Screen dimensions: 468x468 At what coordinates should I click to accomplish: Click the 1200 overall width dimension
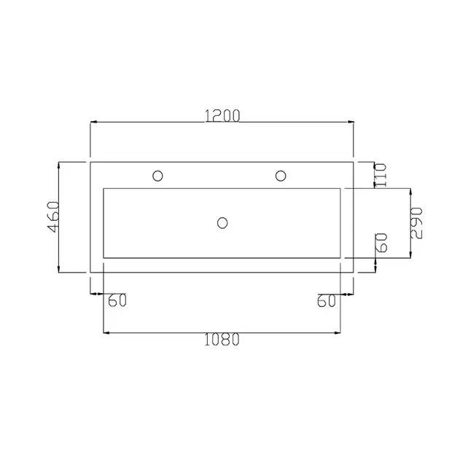(222, 115)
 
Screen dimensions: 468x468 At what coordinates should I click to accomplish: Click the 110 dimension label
(381, 175)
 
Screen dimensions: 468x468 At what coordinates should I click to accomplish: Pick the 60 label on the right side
(381, 243)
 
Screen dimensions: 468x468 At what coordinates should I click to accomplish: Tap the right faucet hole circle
(280, 175)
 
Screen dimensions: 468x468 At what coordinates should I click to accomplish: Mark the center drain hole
(223, 222)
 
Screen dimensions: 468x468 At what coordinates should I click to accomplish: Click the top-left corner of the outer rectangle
(90, 162)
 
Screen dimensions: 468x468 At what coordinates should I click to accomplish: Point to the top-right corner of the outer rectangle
(354, 162)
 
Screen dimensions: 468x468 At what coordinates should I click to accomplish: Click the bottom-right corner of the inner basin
(340, 257)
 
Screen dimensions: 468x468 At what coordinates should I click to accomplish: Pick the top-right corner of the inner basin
(340, 189)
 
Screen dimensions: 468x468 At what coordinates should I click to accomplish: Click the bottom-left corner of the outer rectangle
(90, 271)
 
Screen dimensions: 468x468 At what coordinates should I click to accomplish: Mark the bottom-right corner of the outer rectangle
(354, 271)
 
